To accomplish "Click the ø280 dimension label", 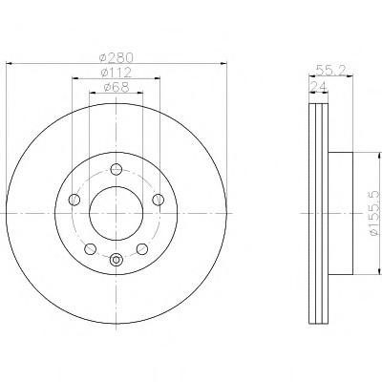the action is [x=116, y=58].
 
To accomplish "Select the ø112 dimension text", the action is [x=116, y=73].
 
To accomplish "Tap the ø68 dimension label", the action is [x=117, y=87].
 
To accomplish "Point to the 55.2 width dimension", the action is [x=330, y=70].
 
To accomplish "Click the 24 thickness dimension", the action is [x=318, y=86].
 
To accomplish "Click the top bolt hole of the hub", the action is [x=117, y=169].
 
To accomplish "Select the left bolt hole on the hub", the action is [x=74, y=200].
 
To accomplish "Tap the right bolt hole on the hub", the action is [x=158, y=200].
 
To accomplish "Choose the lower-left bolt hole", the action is [x=90, y=248].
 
